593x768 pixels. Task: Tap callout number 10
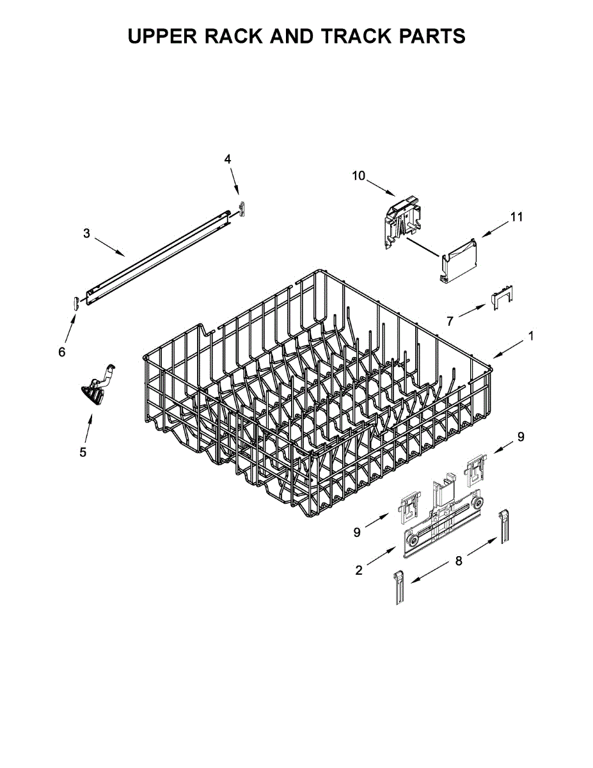[x=358, y=175]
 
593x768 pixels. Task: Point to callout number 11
[x=517, y=217]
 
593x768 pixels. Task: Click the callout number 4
[x=228, y=159]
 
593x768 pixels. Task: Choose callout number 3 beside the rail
[x=86, y=233]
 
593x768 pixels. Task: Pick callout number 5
[x=83, y=452]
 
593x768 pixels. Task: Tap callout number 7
[x=450, y=321]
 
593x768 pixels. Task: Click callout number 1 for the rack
[x=531, y=336]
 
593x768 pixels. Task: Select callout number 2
[x=359, y=570]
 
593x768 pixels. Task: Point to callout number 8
[x=459, y=561]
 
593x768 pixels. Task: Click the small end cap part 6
[x=75, y=303]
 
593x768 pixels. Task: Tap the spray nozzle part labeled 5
[x=96, y=384]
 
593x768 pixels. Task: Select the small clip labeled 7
[x=501, y=298]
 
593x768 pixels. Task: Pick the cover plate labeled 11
[x=459, y=262]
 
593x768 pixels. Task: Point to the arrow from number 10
[x=381, y=188]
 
